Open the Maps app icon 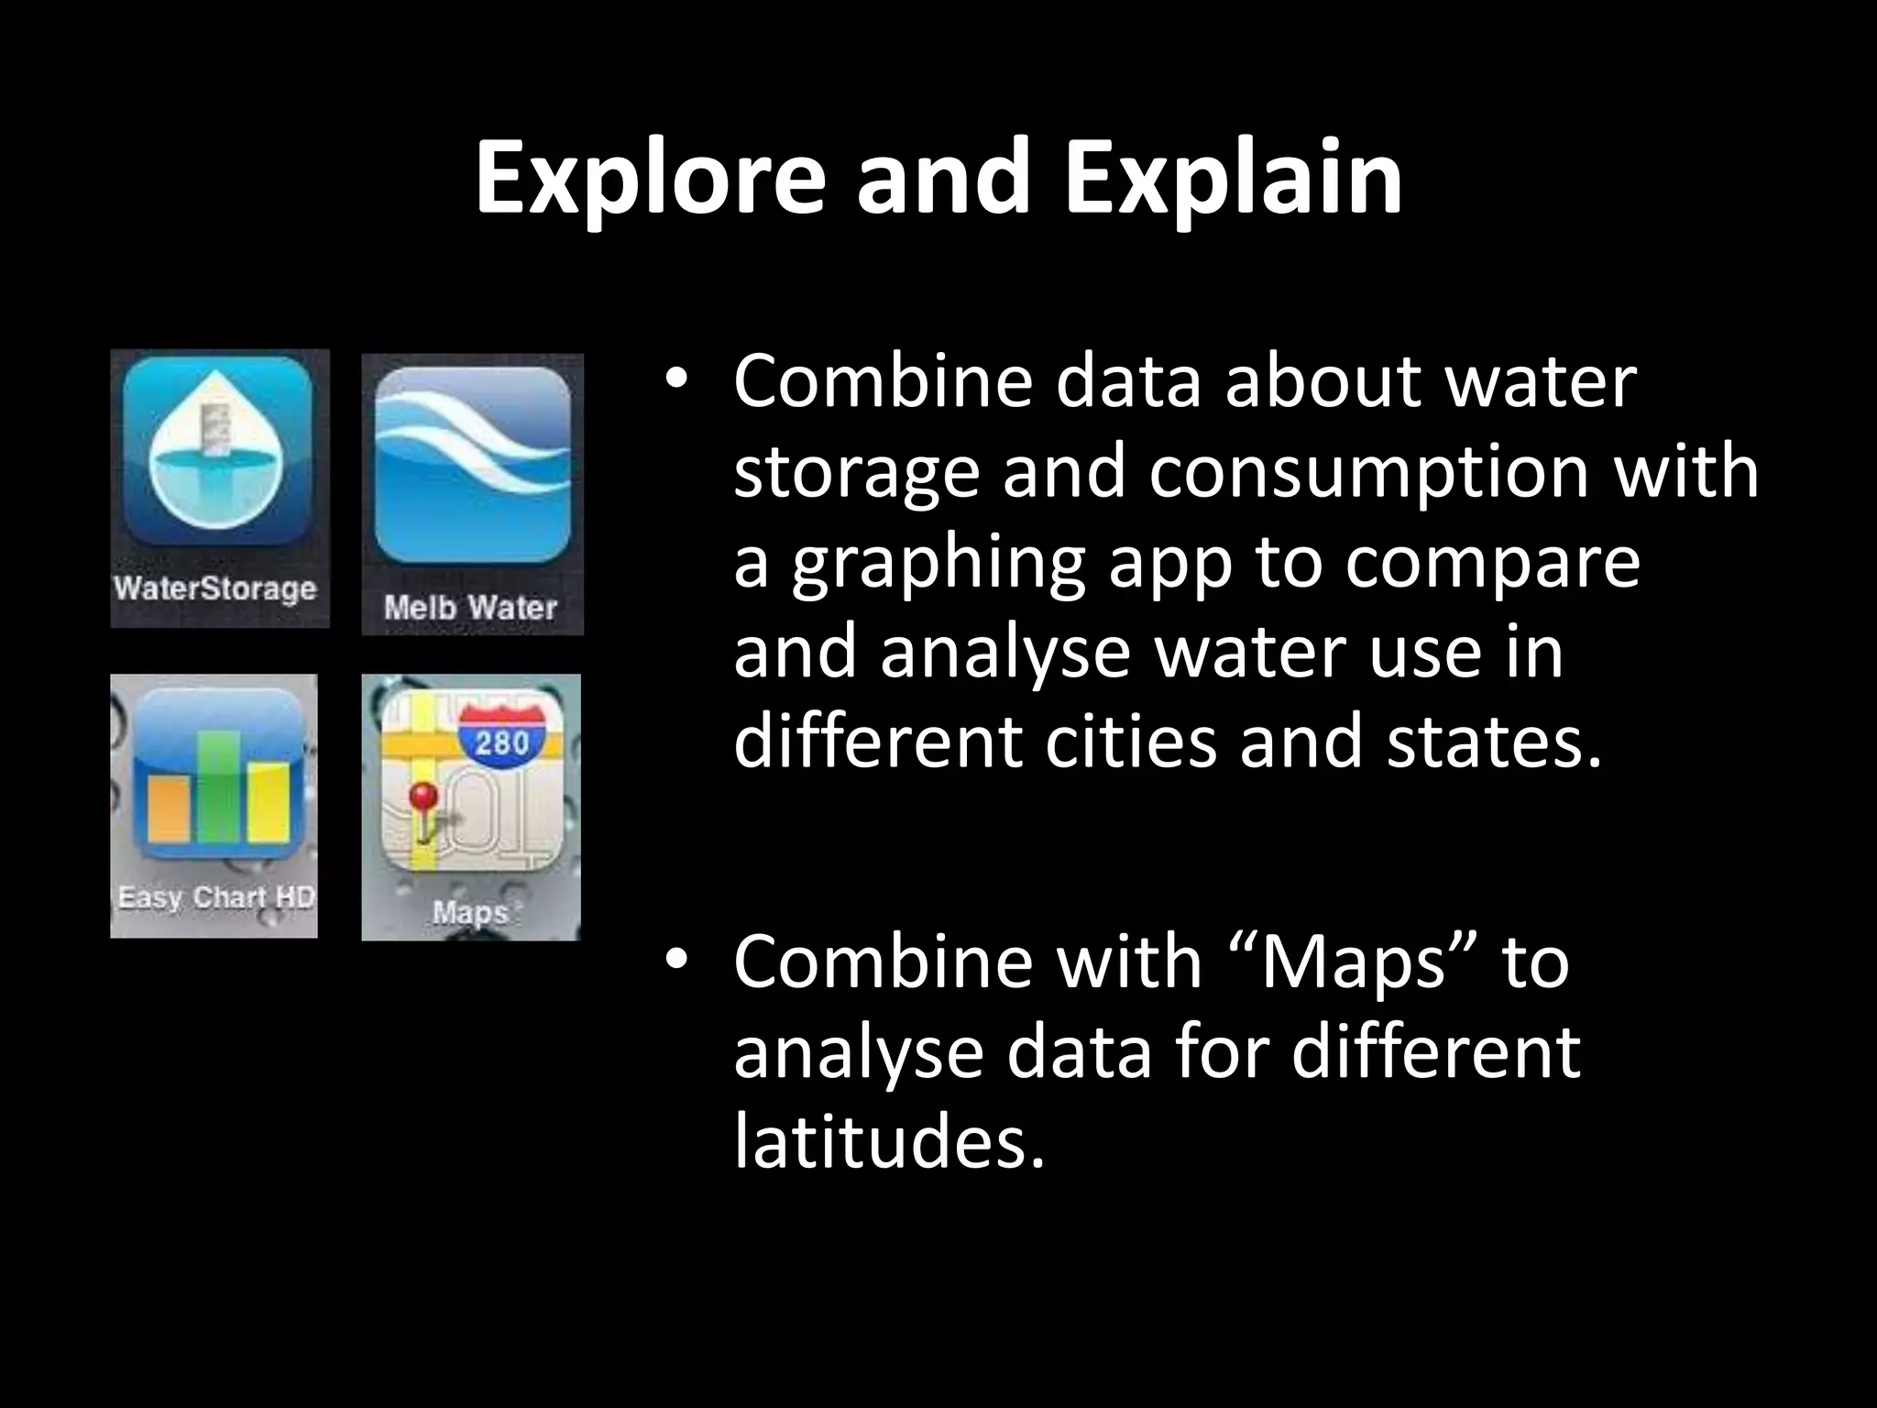click(x=471, y=784)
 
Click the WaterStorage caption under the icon click(x=215, y=588)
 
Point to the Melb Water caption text click(x=471, y=607)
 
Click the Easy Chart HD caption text click(x=215, y=896)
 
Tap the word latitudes click(x=889, y=1142)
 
